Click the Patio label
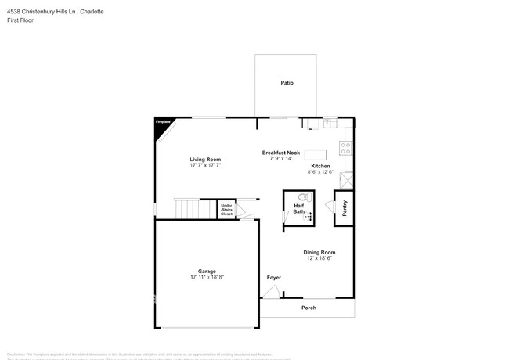click(x=287, y=82)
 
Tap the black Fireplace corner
click(x=161, y=127)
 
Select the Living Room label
click(x=205, y=160)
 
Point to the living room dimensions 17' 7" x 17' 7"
click(x=205, y=166)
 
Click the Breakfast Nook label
click(x=280, y=153)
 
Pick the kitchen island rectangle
click(x=316, y=154)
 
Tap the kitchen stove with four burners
click(x=346, y=146)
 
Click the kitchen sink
click(x=330, y=123)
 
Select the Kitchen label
click(x=320, y=166)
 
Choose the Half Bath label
click(x=299, y=208)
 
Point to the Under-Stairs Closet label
click(x=226, y=209)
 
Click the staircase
click(x=194, y=209)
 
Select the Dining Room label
click(x=319, y=252)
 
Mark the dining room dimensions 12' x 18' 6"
click(x=319, y=258)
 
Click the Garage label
click(x=207, y=272)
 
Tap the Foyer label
click(x=273, y=278)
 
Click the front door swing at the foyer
click(x=270, y=292)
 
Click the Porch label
click(x=309, y=308)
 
